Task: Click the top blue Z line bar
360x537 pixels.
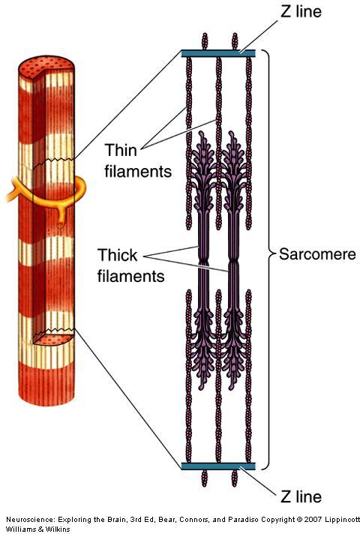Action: [218, 53]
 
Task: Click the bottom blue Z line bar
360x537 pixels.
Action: [218, 466]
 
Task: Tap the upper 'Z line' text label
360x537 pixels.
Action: [301, 12]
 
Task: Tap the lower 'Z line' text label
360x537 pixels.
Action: [301, 497]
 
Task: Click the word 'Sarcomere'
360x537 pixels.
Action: [317, 254]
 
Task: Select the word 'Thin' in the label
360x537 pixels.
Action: [121, 150]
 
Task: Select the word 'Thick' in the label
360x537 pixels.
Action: [117, 255]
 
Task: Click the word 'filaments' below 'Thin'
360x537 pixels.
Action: [138, 171]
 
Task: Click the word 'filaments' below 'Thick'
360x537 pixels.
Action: [130, 276]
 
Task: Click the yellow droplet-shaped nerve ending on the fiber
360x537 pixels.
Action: [60, 224]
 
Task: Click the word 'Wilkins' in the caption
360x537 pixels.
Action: [58, 529]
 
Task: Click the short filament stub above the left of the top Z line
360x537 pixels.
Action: [205, 41]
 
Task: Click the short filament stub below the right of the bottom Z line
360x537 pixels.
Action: [235, 478]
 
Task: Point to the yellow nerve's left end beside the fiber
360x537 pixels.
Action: [8, 197]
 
